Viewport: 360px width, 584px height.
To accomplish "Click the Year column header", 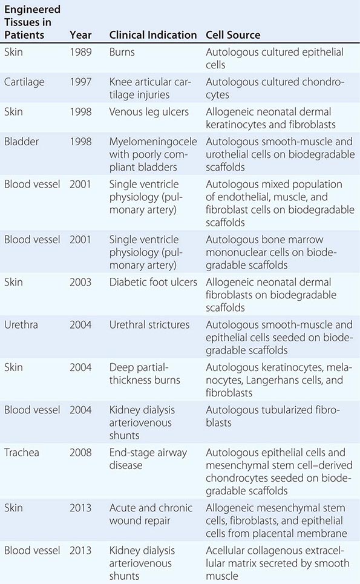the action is (80, 34).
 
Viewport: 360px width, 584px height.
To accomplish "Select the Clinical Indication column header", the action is (153, 34).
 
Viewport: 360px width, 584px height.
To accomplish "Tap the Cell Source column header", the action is (233, 34).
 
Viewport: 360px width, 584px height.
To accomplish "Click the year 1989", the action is (80, 52).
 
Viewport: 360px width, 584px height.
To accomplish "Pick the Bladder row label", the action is (22, 141).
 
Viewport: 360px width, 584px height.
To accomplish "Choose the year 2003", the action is (80, 281).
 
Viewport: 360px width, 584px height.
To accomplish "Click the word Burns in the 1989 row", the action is (122, 52).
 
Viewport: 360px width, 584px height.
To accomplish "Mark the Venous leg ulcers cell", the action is (149, 112).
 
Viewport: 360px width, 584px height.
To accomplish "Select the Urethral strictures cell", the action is (149, 325).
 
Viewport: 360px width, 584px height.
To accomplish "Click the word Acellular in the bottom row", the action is (227, 550).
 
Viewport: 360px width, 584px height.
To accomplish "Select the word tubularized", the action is (285, 410).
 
